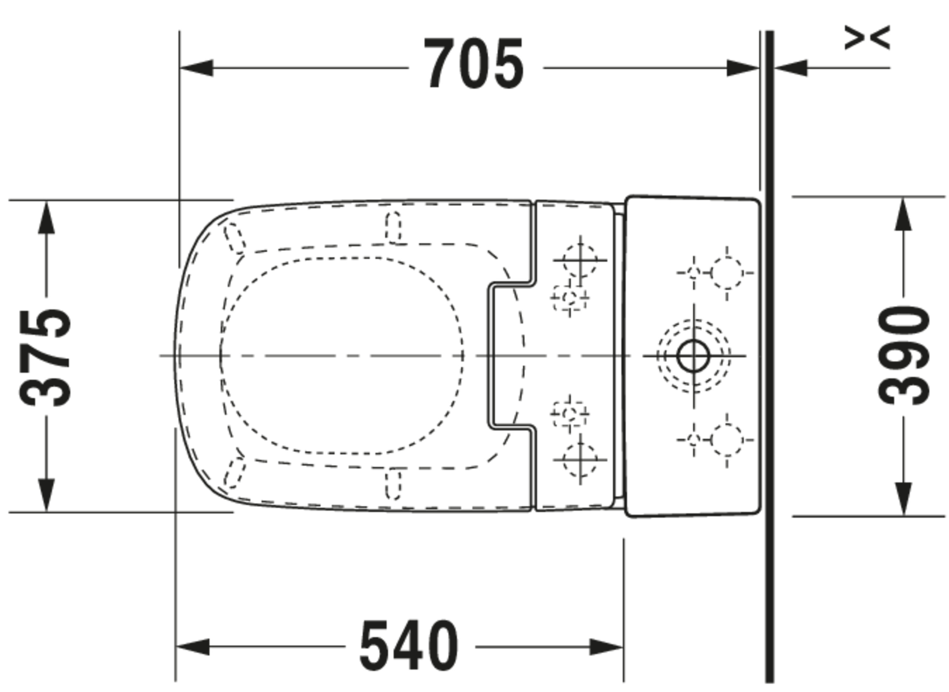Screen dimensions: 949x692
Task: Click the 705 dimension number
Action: click(474, 64)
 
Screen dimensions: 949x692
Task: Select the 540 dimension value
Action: click(409, 645)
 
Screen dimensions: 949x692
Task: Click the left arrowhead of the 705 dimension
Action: click(196, 68)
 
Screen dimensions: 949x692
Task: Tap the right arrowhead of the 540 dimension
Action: click(606, 647)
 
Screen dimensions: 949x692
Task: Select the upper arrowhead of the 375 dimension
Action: click(46, 217)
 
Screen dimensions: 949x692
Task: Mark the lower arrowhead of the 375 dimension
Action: click(46, 495)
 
